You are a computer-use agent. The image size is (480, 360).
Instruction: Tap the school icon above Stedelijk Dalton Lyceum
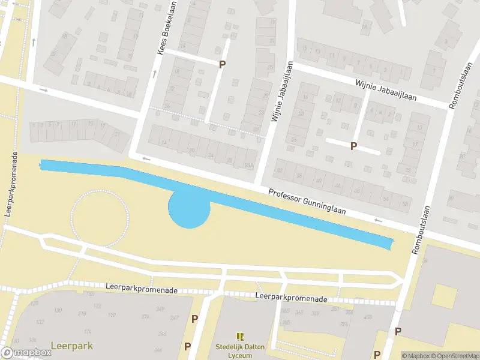click(240, 337)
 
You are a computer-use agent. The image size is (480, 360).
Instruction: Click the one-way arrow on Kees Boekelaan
click(155, 74)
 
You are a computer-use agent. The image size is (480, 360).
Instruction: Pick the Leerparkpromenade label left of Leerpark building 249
click(142, 290)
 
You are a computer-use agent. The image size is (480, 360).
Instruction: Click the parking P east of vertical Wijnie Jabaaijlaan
click(354, 146)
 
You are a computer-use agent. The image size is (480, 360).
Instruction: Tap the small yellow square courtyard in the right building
click(445, 295)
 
